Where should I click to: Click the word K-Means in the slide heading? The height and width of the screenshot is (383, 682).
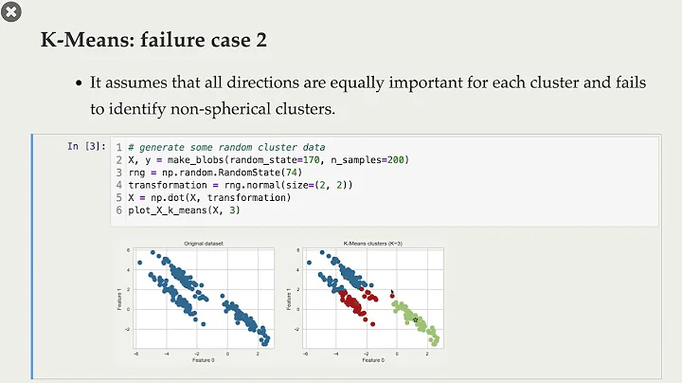coord(80,41)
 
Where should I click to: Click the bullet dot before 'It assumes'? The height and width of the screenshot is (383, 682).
coord(80,83)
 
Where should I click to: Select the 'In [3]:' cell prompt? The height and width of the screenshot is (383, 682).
coord(85,146)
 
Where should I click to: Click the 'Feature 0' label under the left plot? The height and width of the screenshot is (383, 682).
coord(200,361)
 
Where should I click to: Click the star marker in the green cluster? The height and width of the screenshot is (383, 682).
coord(415,320)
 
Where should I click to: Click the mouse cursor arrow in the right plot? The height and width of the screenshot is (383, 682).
coord(391,292)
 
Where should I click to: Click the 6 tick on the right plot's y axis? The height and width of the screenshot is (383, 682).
coord(299,253)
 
